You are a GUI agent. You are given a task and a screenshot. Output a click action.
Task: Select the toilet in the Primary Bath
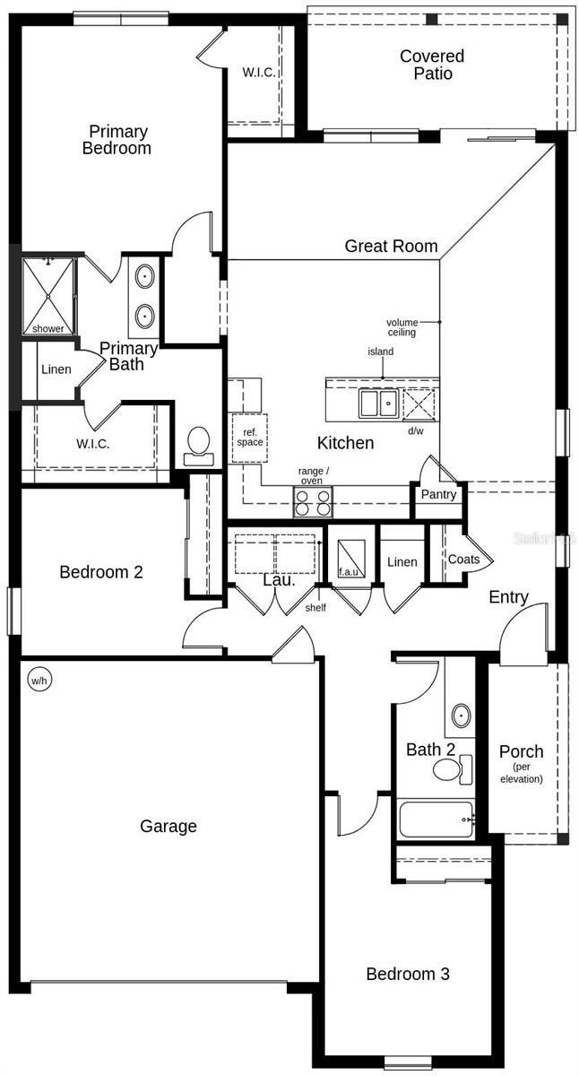198,445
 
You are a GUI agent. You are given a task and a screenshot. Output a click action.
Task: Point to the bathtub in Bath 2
436,820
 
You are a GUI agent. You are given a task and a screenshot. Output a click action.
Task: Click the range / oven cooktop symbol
313,502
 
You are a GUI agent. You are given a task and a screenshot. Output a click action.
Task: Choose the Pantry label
438,494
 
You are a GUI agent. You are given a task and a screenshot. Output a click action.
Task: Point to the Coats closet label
463,560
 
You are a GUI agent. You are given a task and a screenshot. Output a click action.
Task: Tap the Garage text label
169,826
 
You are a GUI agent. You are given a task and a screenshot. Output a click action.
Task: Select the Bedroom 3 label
408,974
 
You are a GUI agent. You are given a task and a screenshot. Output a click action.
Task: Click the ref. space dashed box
249,438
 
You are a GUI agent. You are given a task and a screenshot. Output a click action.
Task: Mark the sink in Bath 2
461,716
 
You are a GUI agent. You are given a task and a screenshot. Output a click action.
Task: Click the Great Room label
391,246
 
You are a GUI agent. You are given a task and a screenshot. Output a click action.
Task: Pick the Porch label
521,751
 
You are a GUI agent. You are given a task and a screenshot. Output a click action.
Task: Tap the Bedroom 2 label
101,572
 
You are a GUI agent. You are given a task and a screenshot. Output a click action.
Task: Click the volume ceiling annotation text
402,327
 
